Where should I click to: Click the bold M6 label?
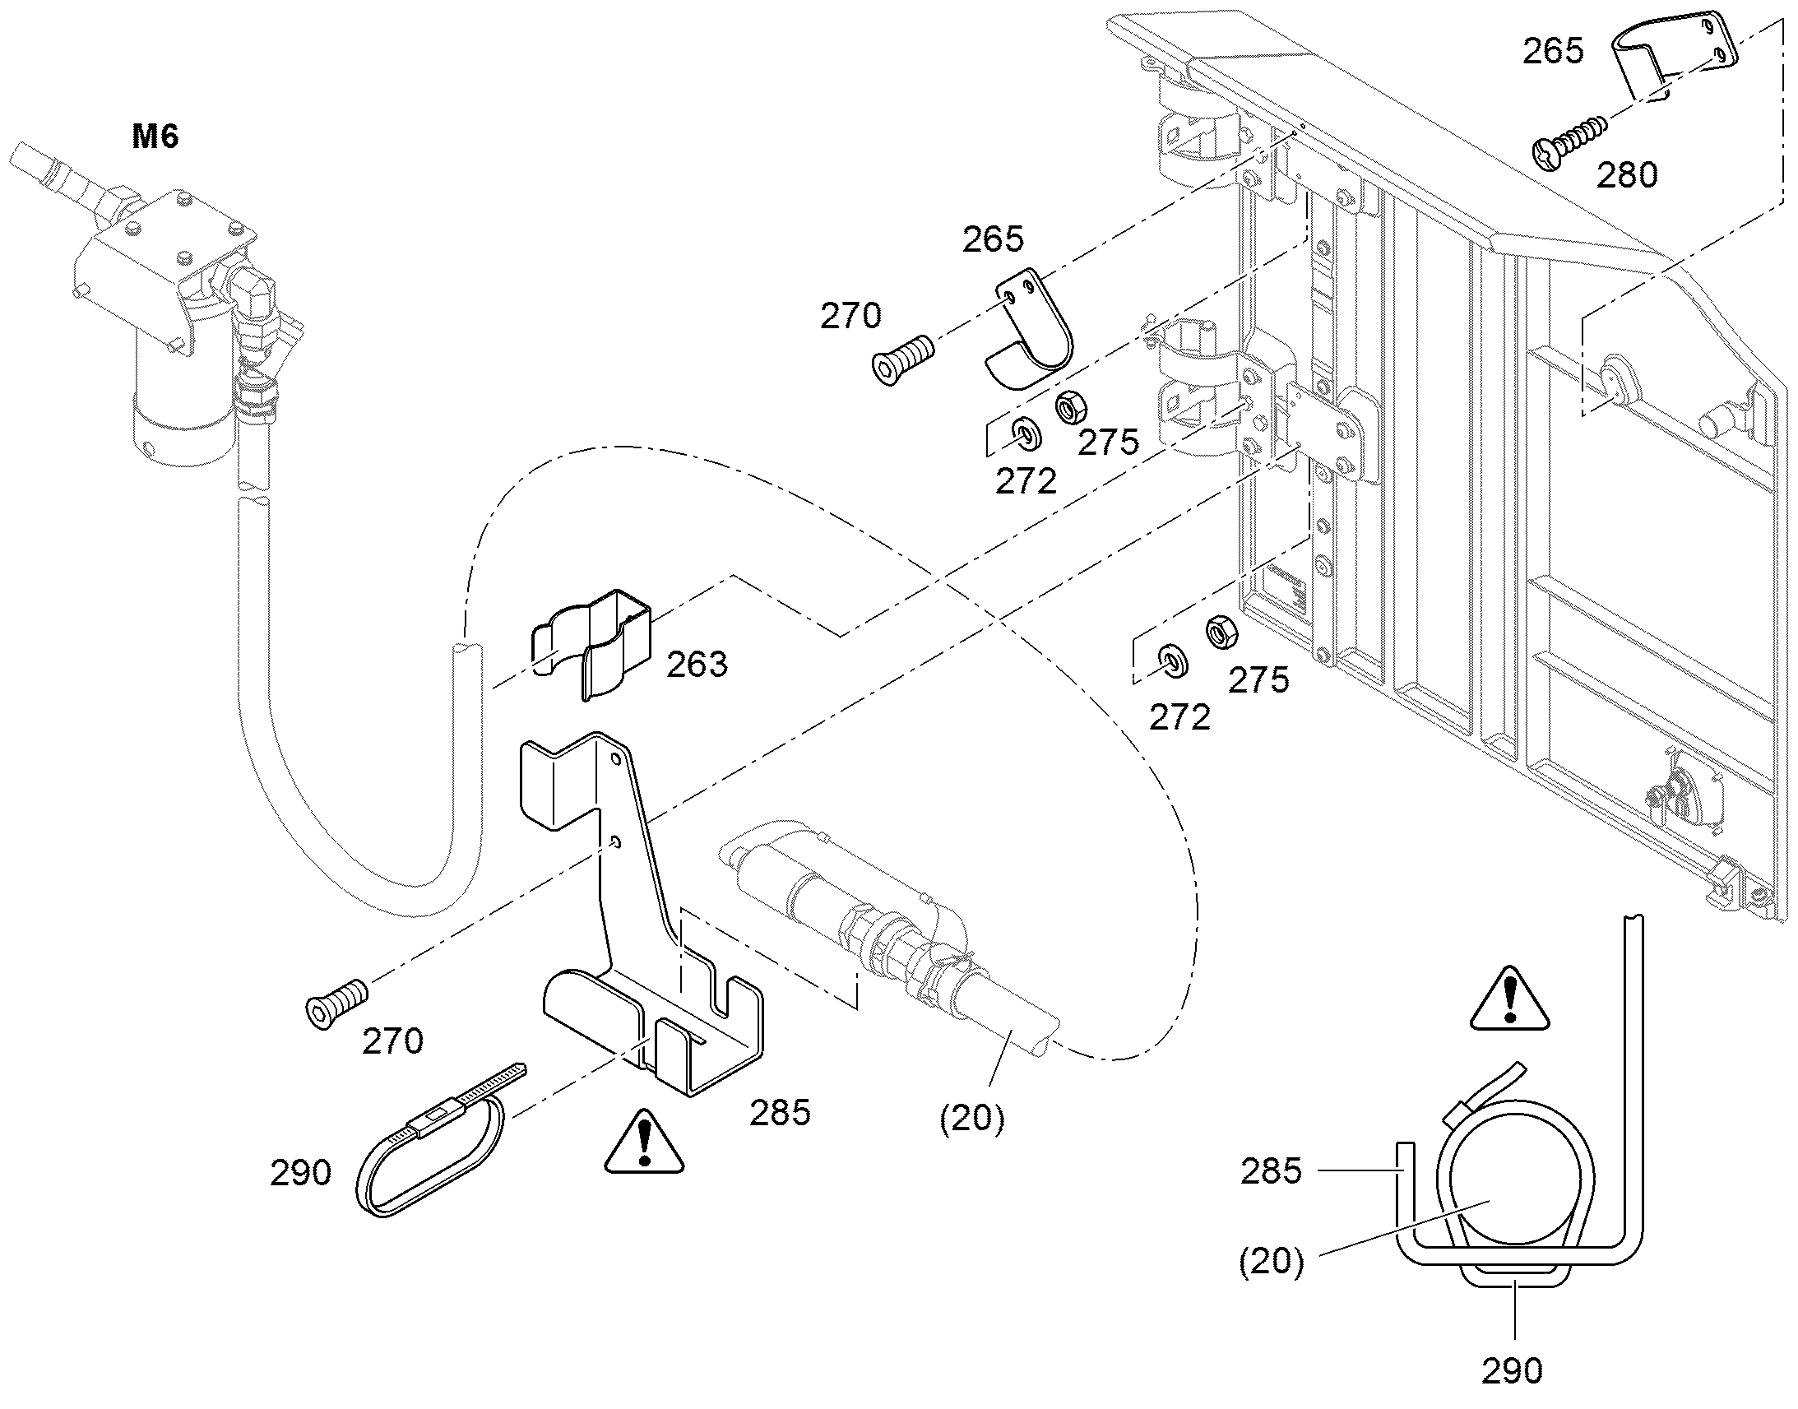155,136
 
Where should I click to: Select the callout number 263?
697,664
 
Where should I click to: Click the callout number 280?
1626,175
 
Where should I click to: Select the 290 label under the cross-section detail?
1512,1370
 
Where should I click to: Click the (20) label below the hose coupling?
972,1118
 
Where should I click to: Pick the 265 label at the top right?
1553,51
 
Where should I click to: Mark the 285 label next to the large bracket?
781,1113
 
